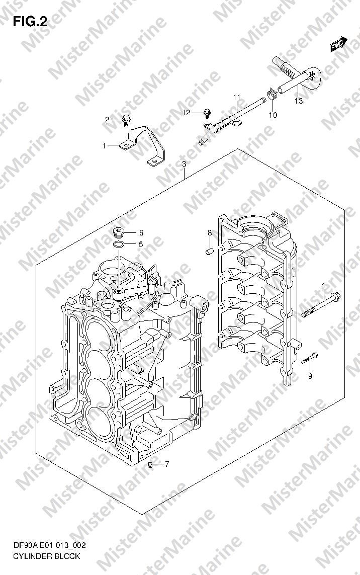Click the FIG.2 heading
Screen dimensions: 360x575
point(30,22)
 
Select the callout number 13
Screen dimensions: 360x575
point(299,101)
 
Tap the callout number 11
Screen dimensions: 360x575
point(236,97)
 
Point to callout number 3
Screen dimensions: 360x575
point(184,165)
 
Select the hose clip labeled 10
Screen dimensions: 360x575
point(271,94)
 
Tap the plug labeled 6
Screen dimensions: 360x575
point(119,232)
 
